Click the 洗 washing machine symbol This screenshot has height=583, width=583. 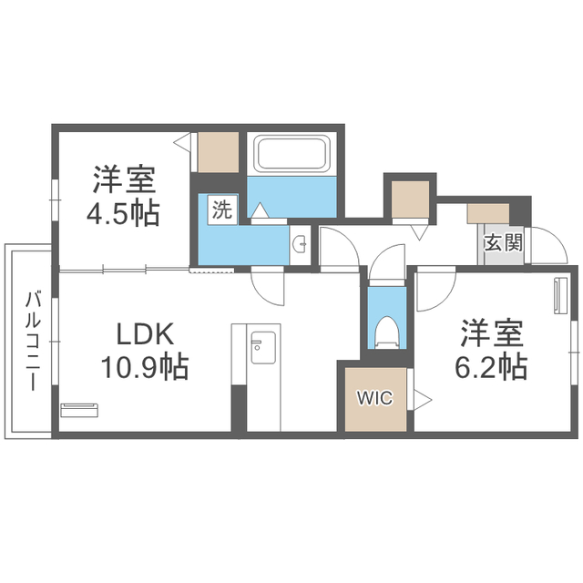pos(222,210)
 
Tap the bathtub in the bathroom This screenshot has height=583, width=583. pos(291,153)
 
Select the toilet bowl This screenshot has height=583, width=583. pos(386,332)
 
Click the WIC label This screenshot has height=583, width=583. pos(374,398)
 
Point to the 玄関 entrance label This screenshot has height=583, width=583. pos(504,243)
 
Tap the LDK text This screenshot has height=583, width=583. pos(146,334)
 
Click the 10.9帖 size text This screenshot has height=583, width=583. pos(145,366)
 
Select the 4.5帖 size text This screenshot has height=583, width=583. pos(123,214)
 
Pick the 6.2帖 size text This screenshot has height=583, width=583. pos(491,366)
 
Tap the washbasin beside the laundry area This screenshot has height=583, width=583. pos(300,245)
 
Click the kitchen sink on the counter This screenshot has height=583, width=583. pos(263,347)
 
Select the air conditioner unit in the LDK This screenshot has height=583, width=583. pos(79,410)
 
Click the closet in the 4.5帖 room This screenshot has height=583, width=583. pos(219,152)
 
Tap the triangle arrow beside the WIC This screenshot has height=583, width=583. pos(423,400)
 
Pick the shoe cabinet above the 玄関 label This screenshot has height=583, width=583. pos(488,213)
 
